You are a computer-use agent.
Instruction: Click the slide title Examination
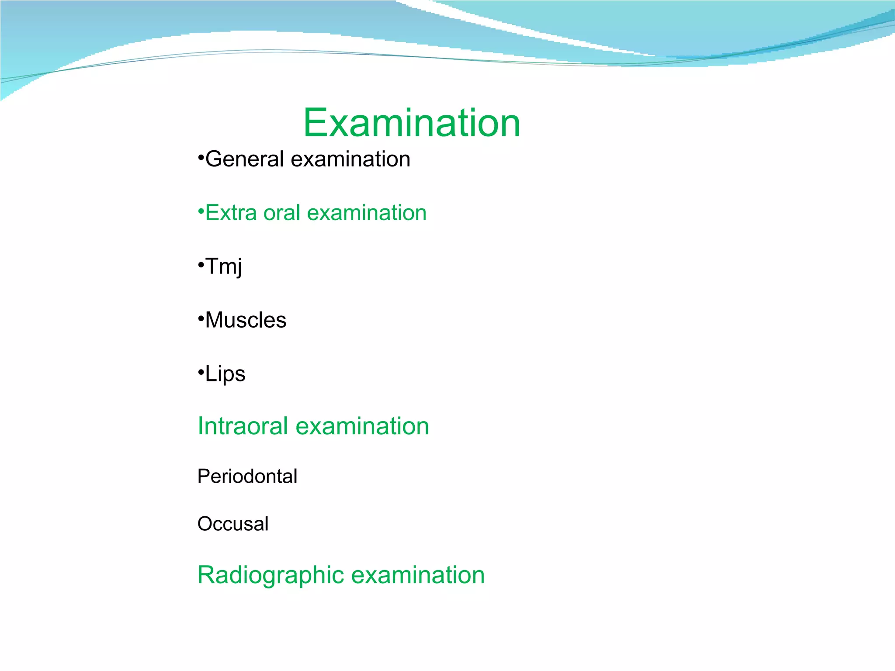[x=411, y=123]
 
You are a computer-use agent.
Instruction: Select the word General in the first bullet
[x=245, y=159]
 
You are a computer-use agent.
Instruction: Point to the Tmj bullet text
[x=223, y=266]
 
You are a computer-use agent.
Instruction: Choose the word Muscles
[x=246, y=320]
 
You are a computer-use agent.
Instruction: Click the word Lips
[x=225, y=374]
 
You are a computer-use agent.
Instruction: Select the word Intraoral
[x=243, y=426]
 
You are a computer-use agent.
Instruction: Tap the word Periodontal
[x=247, y=476]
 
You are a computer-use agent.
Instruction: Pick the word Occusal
[x=232, y=524]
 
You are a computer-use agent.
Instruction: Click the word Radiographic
[x=271, y=575]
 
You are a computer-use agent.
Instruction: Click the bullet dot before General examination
[x=201, y=158]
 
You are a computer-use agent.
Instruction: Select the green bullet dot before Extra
[x=201, y=211]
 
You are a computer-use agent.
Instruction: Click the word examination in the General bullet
[x=350, y=159]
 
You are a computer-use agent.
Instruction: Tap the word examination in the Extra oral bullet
[x=367, y=213]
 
